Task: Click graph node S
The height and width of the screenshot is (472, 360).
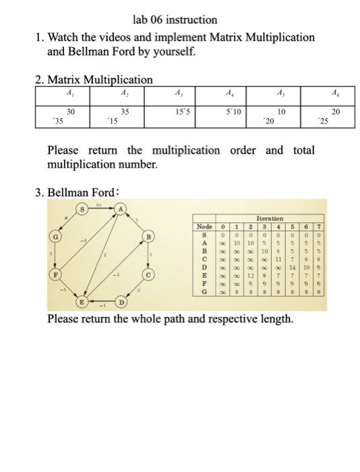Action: coord(83,210)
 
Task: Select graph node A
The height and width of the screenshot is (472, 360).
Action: coord(121,210)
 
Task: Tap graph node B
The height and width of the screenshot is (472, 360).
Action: coord(150,238)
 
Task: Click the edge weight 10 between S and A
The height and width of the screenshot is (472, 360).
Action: coord(102,204)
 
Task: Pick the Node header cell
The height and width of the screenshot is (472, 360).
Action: coord(205,227)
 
